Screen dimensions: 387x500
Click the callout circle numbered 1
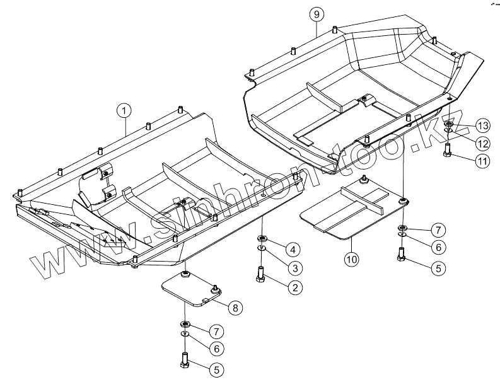[124, 111]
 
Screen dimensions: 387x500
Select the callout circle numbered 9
[316, 13]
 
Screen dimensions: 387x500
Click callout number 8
[235, 308]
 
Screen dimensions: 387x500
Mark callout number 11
[482, 161]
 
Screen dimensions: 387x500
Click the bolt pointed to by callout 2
[259, 275]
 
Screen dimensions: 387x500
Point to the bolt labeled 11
[447, 151]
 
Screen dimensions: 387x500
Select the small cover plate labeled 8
[189, 289]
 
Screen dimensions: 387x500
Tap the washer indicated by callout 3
[260, 249]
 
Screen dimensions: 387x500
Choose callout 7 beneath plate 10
[438, 229]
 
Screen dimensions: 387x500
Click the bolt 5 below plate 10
[402, 255]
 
